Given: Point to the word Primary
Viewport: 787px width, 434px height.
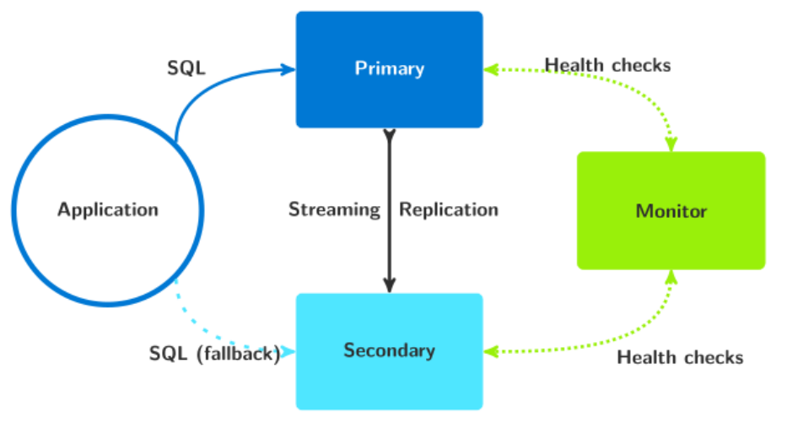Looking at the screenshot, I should (389, 68).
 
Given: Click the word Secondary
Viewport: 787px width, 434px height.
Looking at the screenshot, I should (389, 350).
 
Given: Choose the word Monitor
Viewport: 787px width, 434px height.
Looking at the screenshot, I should (671, 210).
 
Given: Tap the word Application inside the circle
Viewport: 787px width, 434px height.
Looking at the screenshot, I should (107, 209).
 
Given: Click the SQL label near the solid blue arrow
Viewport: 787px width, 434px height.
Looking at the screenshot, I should (186, 68).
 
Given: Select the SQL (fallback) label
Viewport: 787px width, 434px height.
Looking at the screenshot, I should (214, 354).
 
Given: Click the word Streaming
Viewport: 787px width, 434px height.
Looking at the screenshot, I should (334, 209).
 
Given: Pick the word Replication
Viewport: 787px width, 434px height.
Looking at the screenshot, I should (449, 209).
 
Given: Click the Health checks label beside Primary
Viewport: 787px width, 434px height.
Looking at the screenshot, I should (607, 65).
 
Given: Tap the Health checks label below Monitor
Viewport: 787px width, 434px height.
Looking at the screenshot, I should (680, 357).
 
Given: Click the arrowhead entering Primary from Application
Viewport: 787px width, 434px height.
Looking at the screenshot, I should (288, 69).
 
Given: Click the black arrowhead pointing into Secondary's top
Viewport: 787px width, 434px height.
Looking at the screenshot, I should (389, 285).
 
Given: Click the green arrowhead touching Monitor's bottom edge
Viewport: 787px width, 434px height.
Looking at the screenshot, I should (671, 277).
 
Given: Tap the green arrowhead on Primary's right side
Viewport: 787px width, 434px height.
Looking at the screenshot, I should (491, 69).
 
